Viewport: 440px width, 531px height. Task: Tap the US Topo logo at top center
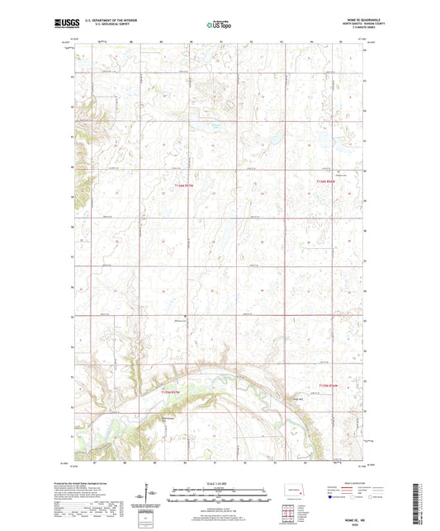point(219,25)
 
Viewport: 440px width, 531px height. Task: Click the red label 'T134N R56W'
point(329,385)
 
